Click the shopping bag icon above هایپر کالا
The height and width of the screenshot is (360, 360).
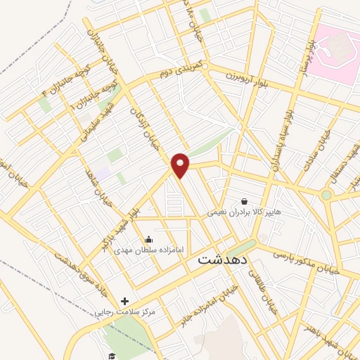pos(244,200)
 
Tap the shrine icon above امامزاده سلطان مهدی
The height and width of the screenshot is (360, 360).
pos(148,239)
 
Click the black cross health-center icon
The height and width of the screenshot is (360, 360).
pos(124,301)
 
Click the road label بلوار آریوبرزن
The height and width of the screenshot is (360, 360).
pos(247,77)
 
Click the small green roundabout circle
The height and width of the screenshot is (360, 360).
pos(326,195)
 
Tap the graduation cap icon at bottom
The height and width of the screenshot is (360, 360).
pos(111,356)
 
